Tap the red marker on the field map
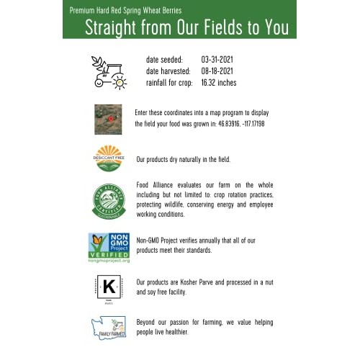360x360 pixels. click(x=112, y=116)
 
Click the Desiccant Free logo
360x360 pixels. click(x=109, y=158)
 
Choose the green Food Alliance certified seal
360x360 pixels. click(x=109, y=200)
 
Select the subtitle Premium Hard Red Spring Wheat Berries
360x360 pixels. click(x=125, y=10)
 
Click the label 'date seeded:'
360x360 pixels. click(x=164, y=58)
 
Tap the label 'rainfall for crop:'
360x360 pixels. click(x=169, y=83)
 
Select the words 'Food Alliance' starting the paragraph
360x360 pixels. click(x=154, y=184)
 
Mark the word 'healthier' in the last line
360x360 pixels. click(x=177, y=333)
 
